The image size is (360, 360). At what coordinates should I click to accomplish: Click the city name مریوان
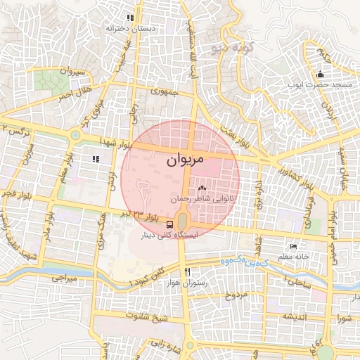click(x=185, y=160)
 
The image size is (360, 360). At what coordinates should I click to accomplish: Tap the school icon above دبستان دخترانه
click(x=129, y=18)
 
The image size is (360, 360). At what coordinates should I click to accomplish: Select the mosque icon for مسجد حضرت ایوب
click(x=321, y=75)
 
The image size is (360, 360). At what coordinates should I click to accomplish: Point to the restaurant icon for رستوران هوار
click(x=186, y=271)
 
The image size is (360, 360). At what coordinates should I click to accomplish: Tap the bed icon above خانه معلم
click(x=293, y=247)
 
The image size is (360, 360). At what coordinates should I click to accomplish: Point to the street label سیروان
click(x=72, y=72)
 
